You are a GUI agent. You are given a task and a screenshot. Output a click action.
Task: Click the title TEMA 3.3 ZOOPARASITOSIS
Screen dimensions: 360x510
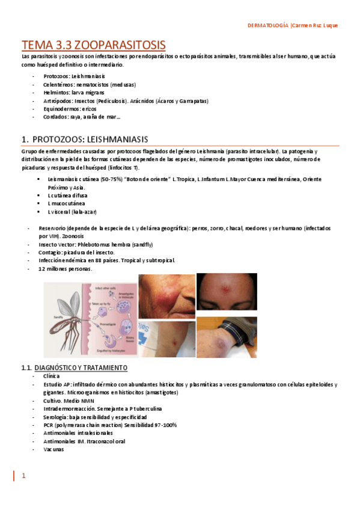pos(93,45)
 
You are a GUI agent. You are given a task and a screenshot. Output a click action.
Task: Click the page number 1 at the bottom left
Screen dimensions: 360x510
pos(24,476)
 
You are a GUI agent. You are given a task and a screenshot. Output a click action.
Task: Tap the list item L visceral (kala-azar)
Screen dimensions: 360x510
pos(72,212)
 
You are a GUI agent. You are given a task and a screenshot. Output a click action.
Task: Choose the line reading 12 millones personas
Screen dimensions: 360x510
pos(66,269)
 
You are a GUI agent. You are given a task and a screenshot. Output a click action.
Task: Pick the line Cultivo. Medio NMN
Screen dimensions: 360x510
pos(69,400)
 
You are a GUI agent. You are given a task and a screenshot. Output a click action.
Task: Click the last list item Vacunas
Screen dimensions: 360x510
pos(53,449)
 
